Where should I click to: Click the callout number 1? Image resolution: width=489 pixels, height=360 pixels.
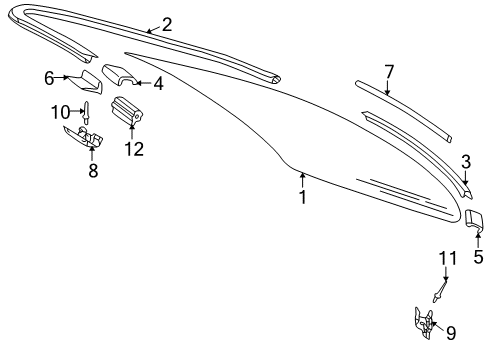(302, 197)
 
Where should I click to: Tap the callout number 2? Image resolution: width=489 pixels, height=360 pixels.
(167, 25)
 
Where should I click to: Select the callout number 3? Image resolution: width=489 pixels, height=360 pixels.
(466, 162)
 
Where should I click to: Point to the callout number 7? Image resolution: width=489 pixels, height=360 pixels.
(389, 72)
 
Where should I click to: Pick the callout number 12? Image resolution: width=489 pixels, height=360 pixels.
(134, 149)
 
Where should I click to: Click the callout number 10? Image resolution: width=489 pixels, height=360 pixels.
(60, 112)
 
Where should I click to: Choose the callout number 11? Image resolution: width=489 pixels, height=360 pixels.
(447, 258)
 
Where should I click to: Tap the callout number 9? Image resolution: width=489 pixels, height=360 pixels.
(451, 333)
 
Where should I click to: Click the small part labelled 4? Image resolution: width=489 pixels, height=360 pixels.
(120, 75)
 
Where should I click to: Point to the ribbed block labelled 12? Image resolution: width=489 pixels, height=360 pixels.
(127, 111)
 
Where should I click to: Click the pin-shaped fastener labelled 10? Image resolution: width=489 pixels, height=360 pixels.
(86, 113)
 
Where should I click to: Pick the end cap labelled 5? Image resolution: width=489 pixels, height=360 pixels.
(474, 220)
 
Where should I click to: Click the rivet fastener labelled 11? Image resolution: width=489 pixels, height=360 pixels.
(439, 292)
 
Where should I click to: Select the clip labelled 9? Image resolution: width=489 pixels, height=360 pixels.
(424, 322)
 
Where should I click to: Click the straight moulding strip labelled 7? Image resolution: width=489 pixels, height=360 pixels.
(404, 110)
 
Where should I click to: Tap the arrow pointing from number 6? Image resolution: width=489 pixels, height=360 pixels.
(62, 77)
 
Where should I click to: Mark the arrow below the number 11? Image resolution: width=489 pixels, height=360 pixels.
(445, 274)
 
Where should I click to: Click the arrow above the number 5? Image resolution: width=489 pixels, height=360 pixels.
(478, 240)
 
